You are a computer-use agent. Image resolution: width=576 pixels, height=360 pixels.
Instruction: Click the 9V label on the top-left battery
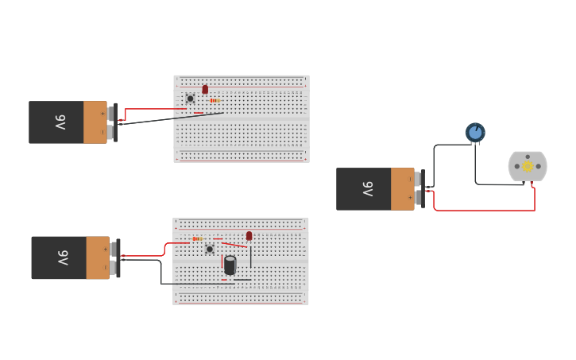60,122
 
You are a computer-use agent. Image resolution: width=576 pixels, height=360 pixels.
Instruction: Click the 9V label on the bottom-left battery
63,257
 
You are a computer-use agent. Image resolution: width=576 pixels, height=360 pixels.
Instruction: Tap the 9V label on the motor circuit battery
367,189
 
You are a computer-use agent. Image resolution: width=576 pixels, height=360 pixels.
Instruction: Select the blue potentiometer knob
475,132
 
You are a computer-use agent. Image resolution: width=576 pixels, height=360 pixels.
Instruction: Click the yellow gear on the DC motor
528,166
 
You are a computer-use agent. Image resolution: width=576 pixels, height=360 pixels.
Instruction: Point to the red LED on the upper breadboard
205,90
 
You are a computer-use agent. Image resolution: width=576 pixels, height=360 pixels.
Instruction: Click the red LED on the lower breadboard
249,236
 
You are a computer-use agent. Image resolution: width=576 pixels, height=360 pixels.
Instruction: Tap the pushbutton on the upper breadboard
190,99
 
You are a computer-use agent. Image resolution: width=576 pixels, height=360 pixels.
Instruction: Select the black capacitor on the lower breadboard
230,265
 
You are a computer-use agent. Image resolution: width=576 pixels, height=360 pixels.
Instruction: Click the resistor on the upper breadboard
215,101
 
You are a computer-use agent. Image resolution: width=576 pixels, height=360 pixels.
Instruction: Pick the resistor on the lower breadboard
198,238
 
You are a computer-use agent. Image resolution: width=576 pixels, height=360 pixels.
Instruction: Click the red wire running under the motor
485,211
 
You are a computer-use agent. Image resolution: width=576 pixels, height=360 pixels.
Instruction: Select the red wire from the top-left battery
147,109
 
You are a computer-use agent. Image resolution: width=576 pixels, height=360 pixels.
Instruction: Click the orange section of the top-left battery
95,122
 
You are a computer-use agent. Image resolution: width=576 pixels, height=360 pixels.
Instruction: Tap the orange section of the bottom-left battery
98,257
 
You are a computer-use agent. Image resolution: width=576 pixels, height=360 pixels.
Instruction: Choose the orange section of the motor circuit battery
402,189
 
